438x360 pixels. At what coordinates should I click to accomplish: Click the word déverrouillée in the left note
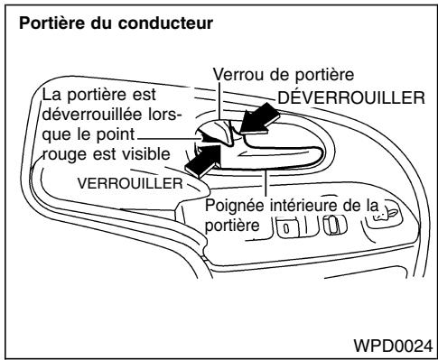(x=83, y=115)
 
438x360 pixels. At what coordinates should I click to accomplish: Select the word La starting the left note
(x=53, y=95)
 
